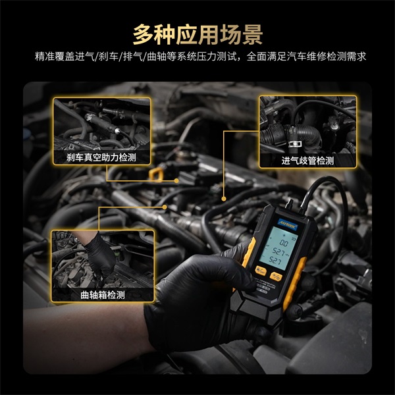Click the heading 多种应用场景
click(x=197, y=32)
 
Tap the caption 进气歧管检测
click(x=307, y=160)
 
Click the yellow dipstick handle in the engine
click(x=156, y=173)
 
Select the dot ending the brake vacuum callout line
click(x=176, y=180)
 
